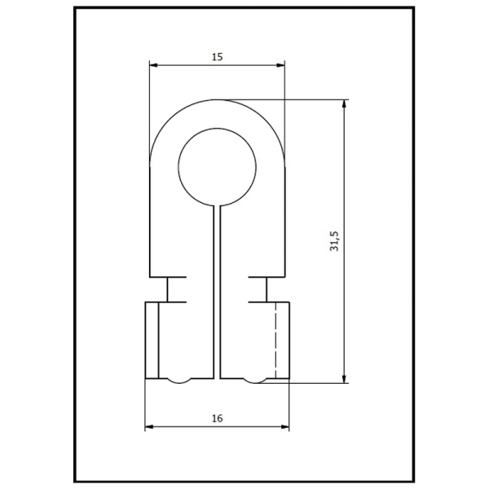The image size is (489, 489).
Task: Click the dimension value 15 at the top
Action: point(217,57)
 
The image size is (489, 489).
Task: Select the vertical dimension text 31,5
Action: point(334,241)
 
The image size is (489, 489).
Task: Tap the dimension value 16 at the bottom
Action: point(217,418)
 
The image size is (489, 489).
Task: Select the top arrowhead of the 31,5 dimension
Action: point(345,104)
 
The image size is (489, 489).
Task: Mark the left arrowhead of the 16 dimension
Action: point(149,427)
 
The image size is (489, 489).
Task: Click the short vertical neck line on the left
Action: point(168,289)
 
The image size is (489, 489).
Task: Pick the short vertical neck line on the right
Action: point(266,289)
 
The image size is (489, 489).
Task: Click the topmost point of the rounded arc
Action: point(217,100)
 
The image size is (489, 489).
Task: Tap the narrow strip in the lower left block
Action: point(152,341)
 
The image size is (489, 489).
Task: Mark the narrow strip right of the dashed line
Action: point(282,341)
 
